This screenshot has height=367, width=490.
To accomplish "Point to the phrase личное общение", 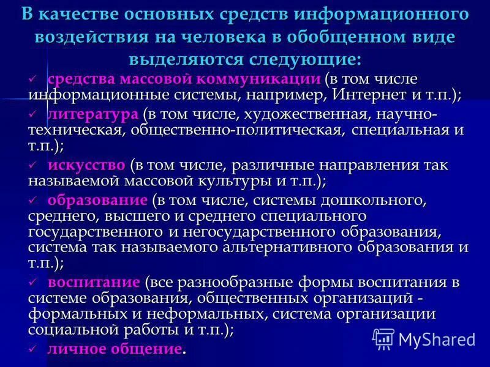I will click(115, 349).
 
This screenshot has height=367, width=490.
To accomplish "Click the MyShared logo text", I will click(436, 338).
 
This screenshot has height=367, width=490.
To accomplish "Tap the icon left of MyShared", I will click(383, 338).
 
